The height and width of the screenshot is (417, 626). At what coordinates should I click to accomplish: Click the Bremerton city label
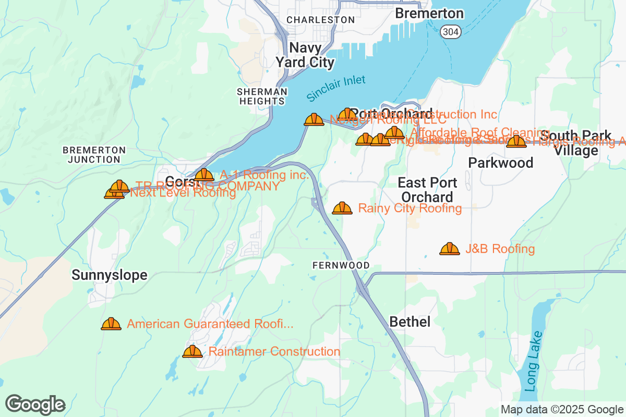coord(429,13)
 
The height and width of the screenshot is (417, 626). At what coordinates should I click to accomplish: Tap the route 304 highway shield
coord(449,31)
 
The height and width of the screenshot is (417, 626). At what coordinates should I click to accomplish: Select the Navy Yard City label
coord(305,55)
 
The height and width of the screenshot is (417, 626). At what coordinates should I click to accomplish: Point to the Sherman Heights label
coord(262,96)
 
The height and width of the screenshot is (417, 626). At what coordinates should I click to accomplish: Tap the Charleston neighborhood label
coord(321,20)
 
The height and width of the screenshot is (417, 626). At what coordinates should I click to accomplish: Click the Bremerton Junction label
coord(94,155)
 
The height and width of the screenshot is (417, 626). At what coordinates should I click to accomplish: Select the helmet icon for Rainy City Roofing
coord(342,208)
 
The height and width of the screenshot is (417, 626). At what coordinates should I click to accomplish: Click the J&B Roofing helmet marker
coord(450,249)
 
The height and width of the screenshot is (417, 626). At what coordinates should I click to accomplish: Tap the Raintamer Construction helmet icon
coord(192,352)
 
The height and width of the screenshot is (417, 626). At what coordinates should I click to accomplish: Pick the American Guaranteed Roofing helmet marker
coord(111,324)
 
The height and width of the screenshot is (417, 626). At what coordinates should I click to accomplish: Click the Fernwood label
coord(341,265)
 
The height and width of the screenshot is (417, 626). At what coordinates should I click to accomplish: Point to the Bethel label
coord(410,322)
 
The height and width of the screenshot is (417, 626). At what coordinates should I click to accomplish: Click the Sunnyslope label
coord(110,275)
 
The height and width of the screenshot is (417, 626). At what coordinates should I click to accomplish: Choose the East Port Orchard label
coord(427,190)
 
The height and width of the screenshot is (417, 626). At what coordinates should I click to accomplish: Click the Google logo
coord(35,404)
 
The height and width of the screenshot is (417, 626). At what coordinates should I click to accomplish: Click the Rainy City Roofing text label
coord(410,208)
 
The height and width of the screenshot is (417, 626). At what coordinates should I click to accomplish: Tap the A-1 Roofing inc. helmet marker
coord(204,175)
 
